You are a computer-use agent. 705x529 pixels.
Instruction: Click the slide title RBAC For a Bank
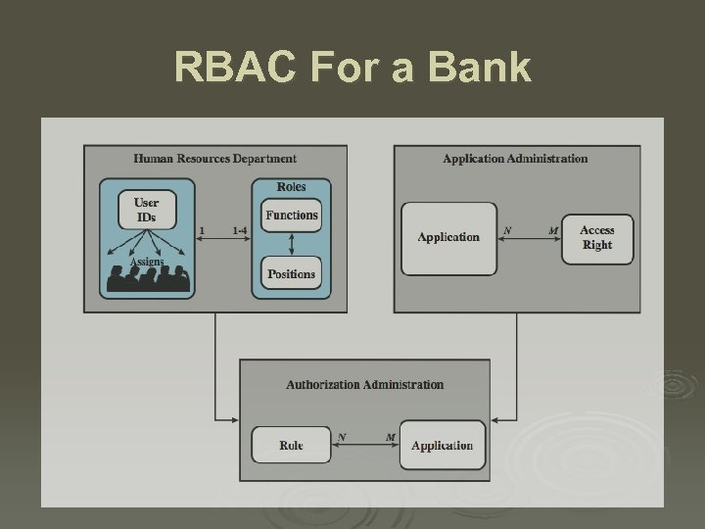(352, 69)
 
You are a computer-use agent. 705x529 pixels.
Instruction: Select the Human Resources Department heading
(215, 159)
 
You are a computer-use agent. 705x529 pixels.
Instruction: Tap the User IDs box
(146, 210)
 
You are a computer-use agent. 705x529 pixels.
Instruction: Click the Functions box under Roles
(292, 216)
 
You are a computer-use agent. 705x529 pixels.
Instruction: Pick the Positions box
(292, 274)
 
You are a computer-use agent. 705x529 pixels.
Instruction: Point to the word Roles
(291, 187)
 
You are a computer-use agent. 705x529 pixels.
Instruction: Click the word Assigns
(147, 263)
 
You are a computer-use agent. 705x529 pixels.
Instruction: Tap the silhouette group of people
(147, 280)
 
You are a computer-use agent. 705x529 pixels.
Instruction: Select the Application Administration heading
(515, 159)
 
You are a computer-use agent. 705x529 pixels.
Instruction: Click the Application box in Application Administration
(448, 238)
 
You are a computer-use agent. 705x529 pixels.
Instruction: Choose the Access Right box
(597, 238)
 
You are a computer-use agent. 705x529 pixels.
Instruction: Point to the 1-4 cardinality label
(240, 231)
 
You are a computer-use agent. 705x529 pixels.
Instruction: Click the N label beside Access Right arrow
(507, 231)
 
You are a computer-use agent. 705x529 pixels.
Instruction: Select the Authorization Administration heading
(364, 385)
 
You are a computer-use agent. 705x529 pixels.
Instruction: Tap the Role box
(291, 446)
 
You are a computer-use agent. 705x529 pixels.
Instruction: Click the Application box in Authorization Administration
(443, 446)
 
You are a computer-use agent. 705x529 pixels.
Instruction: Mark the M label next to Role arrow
(390, 437)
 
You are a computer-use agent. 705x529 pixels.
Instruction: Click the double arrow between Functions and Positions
(292, 245)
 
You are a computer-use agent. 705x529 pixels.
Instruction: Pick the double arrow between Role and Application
(365, 446)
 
